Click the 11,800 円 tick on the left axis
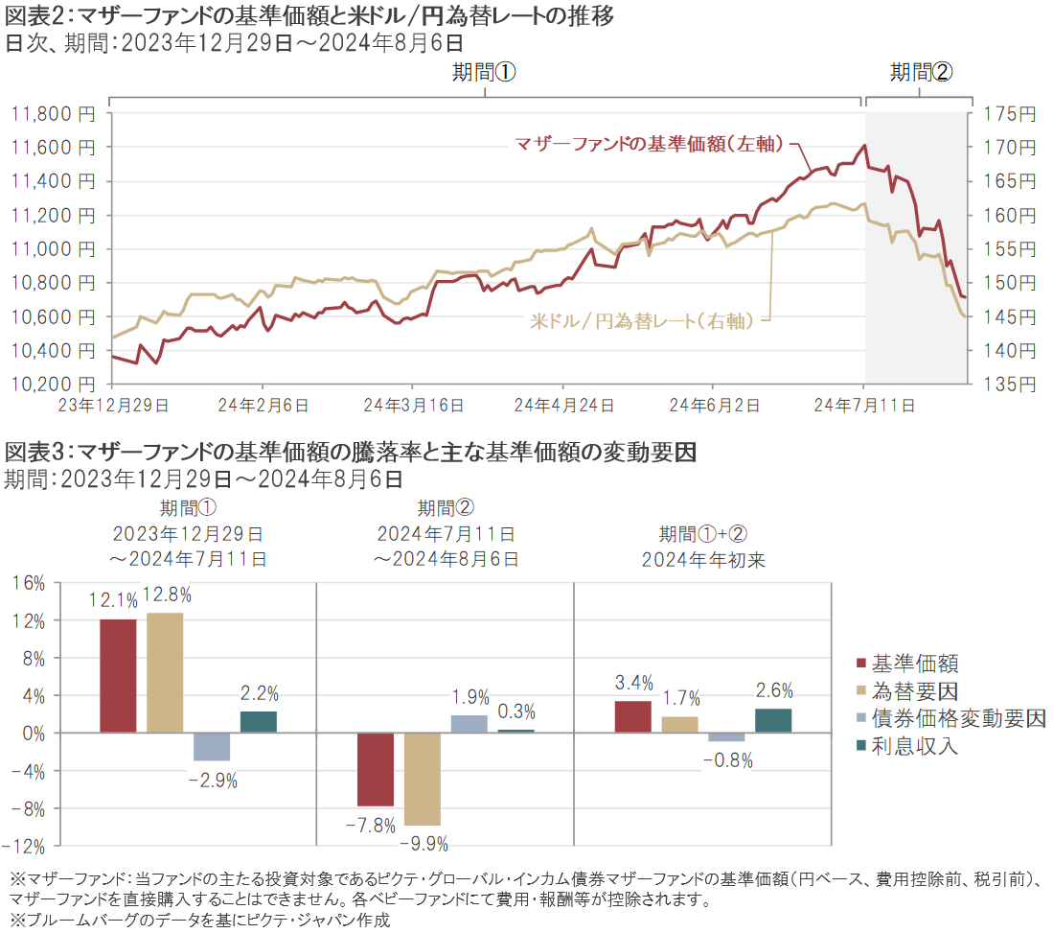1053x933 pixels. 53,114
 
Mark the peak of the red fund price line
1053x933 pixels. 865,146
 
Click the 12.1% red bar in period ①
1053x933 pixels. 118,676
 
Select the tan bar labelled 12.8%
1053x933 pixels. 165,672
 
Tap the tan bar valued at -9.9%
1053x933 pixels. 423,779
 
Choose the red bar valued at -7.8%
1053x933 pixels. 376,769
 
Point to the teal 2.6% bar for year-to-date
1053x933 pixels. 773,720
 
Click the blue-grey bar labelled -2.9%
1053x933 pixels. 212,746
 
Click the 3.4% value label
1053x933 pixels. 633,683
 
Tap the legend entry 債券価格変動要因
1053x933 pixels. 957,718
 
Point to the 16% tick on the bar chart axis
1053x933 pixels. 32,584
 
